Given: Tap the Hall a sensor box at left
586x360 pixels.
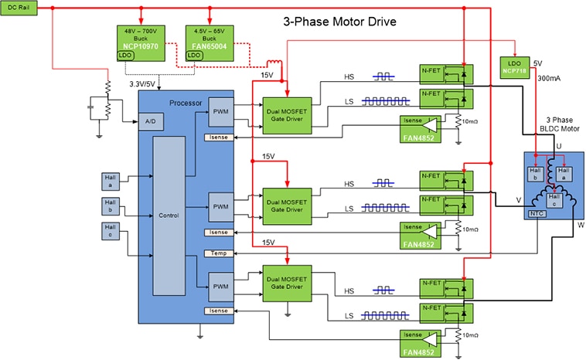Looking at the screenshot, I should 110,180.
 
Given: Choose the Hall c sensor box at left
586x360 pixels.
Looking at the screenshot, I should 110,229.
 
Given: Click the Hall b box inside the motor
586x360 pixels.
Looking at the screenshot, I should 533,174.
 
